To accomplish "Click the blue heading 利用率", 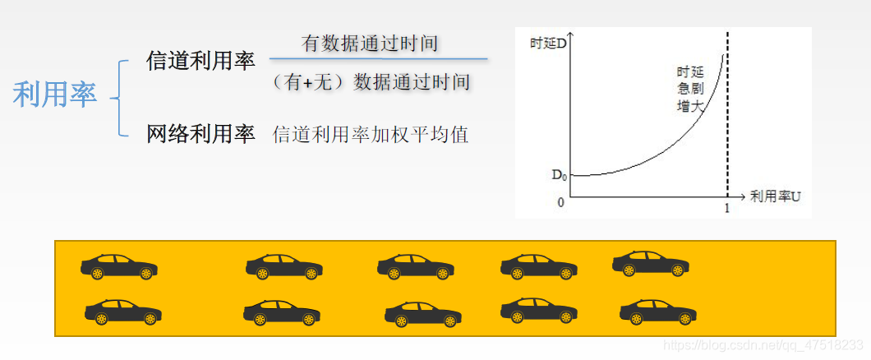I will (x=55, y=95).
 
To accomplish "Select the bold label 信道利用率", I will (x=200, y=61).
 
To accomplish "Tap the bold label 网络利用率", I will (x=200, y=134).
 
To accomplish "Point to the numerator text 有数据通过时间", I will (x=370, y=44).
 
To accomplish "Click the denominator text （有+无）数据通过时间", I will (x=370, y=82).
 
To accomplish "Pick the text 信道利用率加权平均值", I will (x=371, y=135).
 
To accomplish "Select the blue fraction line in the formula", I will (x=378, y=59).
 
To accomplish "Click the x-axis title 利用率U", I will (x=775, y=196).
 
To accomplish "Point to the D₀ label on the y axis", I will (x=558, y=174).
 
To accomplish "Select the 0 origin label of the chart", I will (x=561, y=202).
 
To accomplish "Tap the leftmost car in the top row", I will (x=119, y=266).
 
